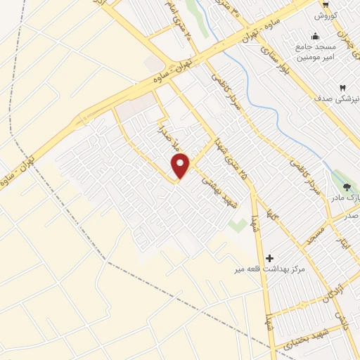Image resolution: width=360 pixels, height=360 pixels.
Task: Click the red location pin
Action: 181,166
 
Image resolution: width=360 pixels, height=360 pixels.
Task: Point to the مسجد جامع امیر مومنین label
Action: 314,53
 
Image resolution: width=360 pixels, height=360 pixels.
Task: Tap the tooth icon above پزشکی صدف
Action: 342,88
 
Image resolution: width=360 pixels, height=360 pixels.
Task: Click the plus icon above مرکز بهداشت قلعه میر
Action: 269,258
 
